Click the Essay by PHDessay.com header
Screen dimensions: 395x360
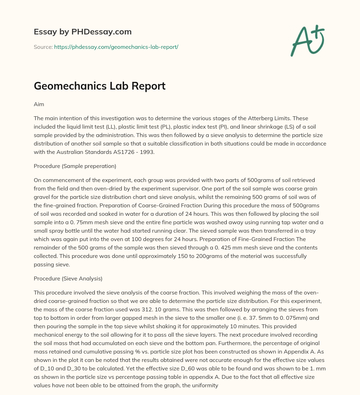pos(83,32)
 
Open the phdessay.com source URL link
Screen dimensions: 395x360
pos(116,47)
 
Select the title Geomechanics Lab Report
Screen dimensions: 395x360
pos(99,86)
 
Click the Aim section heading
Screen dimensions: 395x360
pos(39,105)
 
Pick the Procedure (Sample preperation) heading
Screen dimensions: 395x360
pos(75,166)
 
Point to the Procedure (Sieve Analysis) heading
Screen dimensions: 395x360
pos(68,279)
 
